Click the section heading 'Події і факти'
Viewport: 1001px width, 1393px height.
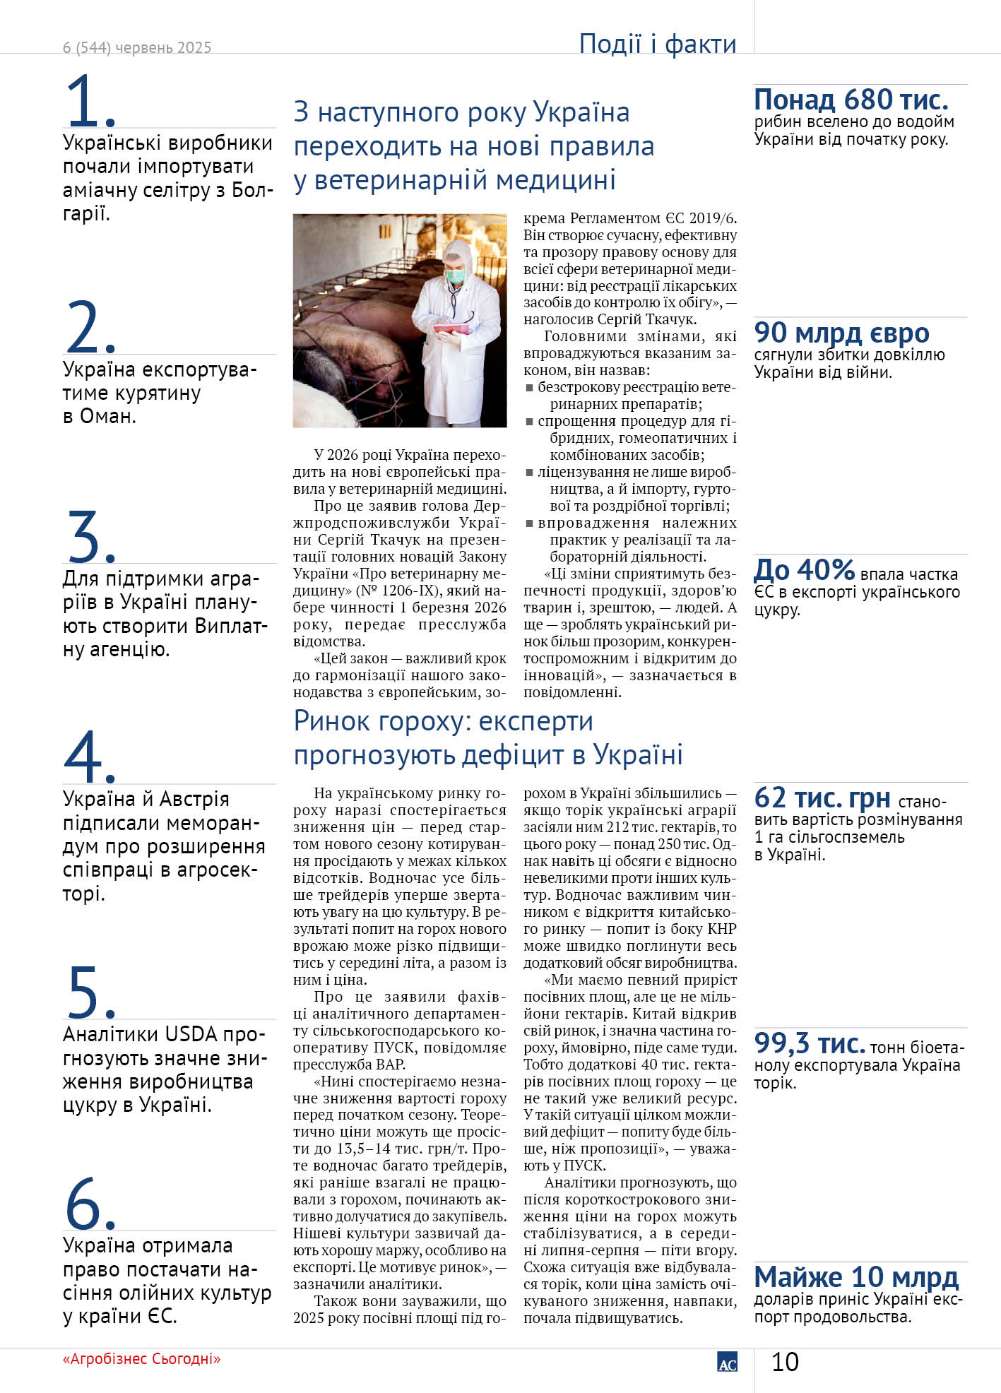[x=657, y=44]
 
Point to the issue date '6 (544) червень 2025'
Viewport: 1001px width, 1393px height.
[x=137, y=48]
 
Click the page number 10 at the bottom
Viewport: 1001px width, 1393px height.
[x=784, y=1362]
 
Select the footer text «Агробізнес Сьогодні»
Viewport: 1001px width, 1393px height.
[x=141, y=1359]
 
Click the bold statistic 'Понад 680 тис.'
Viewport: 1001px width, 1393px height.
[x=851, y=100]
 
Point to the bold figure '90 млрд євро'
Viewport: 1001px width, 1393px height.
[x=841, y=333]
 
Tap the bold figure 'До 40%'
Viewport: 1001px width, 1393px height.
[x=805, y=569]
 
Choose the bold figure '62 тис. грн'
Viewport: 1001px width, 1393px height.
[x=822, y=798]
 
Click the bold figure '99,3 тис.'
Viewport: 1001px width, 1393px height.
[x=810, y=1043]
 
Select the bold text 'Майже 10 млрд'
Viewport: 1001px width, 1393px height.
[x=856, y=1277]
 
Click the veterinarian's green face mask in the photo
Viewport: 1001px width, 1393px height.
[x=456, y=273]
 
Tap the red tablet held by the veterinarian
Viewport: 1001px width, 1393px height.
[x=452, y=328]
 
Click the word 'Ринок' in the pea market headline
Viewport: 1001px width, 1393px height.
[x=332, y=721]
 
